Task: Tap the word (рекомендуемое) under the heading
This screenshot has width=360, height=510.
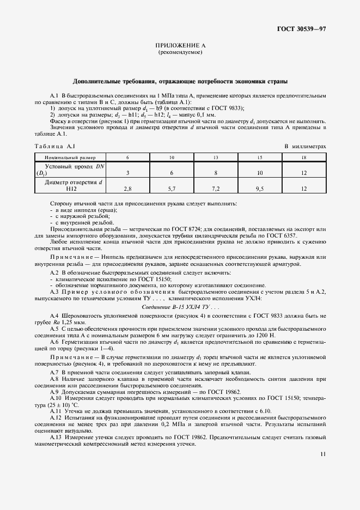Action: (x=180, y=53)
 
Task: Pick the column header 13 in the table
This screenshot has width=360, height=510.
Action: (x=216, y=157)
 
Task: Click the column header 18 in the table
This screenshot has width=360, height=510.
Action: (x=304, y=157)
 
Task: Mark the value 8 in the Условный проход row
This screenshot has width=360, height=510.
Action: (x=216, y=172)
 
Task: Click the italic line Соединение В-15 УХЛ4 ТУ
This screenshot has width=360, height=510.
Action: (x=180, y=307)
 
